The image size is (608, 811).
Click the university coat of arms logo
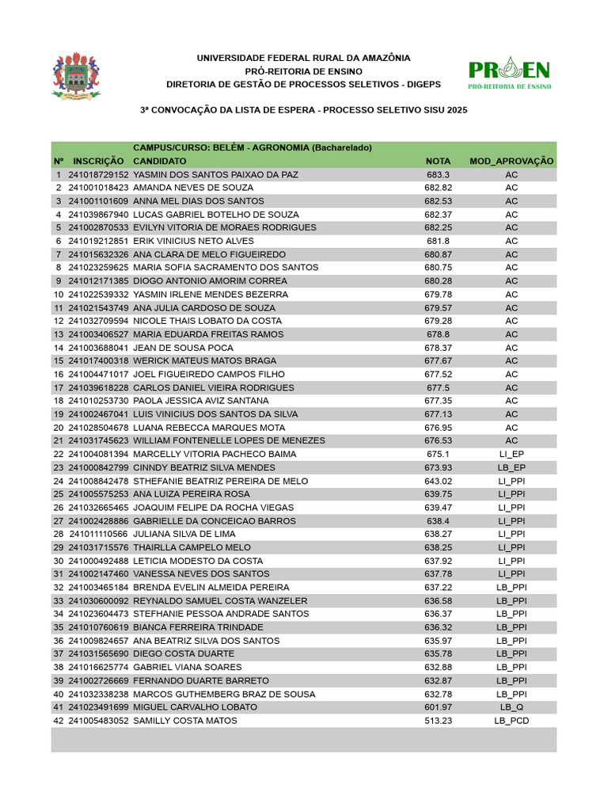[76, 76]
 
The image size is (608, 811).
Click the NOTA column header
[438, 161]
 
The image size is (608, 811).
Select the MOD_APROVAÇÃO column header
[511, 161]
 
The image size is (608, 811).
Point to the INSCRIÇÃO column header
[98, 161]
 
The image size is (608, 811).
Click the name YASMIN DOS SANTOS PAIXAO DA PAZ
[216, 174]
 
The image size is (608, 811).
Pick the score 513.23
[438, 721]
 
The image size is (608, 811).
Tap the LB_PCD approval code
[511, 721]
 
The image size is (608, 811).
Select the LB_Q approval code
[511, 707]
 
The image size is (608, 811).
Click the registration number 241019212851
[98, 241]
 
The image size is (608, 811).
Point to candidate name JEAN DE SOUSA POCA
[184, 348]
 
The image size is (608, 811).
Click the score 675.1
[438, 454]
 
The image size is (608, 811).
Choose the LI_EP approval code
[511, 454]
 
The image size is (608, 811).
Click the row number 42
[59, 721]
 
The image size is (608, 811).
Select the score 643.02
[438, 481]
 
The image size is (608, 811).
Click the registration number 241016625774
[98, 668]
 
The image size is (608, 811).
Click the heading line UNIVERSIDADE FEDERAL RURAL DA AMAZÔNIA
[304, 58]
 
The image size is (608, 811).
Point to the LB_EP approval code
[511, 467]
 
